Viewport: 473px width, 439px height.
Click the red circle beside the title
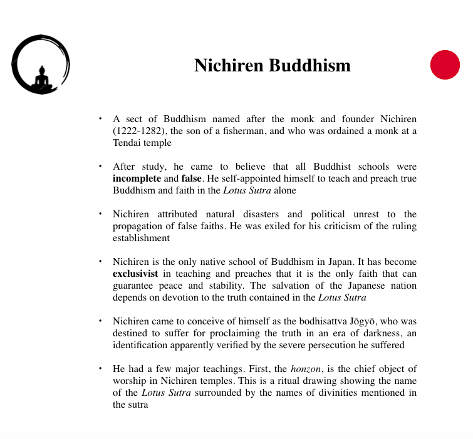pos(445,65)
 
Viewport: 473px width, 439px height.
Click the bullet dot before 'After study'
pos(100,167)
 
